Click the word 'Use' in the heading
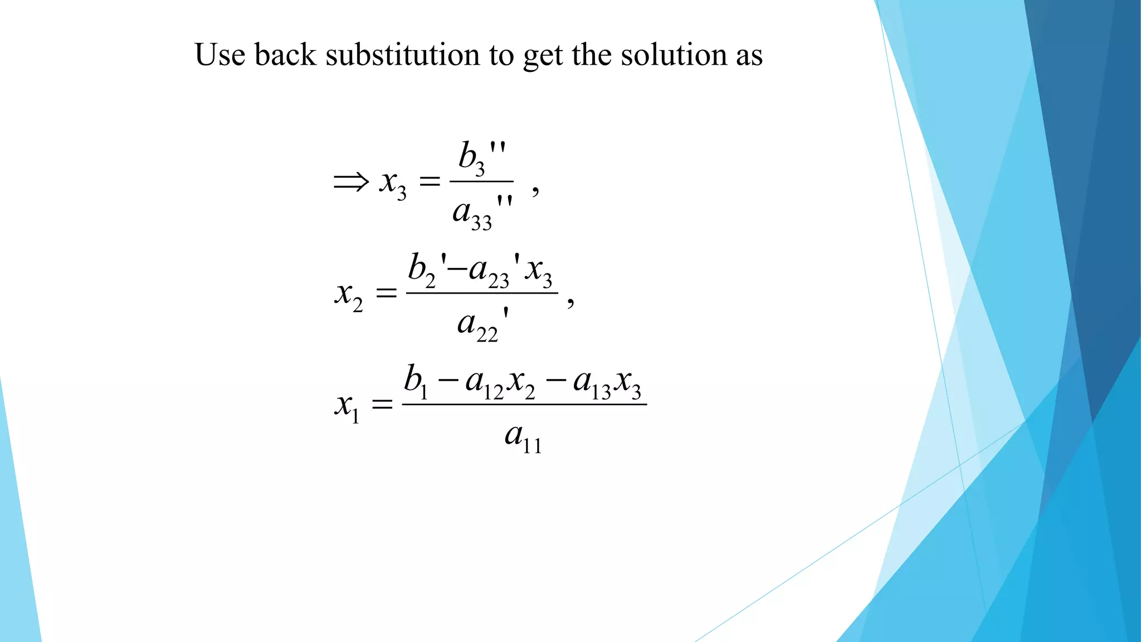click(220, 55)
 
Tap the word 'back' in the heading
click(285, 55)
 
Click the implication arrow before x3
click(351, 182)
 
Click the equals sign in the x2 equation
click(386, 293)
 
